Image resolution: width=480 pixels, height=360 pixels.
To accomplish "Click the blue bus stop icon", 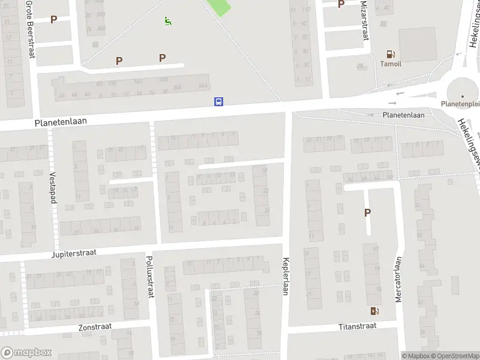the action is pos(219,101).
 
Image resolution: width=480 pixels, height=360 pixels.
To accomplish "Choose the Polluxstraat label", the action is pos(150,277).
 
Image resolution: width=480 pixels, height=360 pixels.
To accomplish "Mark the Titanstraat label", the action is pos(356,326).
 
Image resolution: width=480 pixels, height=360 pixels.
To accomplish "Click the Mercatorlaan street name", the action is pos(397,280).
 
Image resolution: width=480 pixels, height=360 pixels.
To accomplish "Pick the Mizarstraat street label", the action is pos(364,20).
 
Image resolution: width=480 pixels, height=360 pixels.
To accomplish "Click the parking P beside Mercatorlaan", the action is pos(367,212).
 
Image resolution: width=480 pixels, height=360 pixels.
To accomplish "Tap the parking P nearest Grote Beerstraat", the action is pos(53,19).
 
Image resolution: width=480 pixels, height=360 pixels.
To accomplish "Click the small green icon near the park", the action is pos(168,22).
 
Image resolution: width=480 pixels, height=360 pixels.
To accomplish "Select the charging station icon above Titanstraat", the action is pos(375,311).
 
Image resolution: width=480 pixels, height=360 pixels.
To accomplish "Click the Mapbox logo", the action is pos(26,353).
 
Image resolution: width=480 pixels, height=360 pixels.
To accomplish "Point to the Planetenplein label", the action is pos(461,104).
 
